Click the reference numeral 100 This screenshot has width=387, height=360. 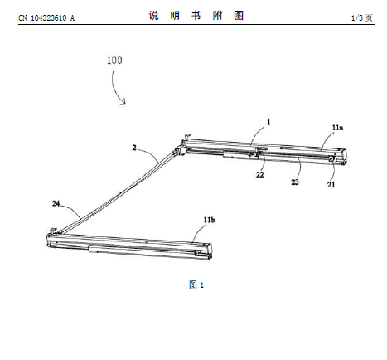click(114, 61)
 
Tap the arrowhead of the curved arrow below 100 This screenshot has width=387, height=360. click(124, 102)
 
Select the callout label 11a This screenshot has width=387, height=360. click(337, 128)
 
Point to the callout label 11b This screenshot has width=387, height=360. click(209, 220)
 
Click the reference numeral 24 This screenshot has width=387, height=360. click(56, 204)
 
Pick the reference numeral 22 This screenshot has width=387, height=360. click(259, 175)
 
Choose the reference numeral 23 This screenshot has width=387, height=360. click(295, 182)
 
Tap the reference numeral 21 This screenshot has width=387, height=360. click(331, 185)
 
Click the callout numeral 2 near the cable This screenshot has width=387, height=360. click(134, 148)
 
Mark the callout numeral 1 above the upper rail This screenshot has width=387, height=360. click(268, 122)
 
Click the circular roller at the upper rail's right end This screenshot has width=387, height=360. click(331, 158)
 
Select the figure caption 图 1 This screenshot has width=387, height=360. click(196, 285)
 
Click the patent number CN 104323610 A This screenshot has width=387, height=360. click(46, 18)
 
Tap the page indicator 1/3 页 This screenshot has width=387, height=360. click(362, 18)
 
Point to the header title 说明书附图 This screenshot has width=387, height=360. click(196, 16)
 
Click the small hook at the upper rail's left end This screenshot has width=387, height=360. click(188, 136)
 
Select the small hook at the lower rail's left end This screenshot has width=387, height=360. click(53, 230)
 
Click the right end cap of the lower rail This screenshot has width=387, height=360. click(209, 251)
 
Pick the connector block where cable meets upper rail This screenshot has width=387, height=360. click(180, 151)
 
